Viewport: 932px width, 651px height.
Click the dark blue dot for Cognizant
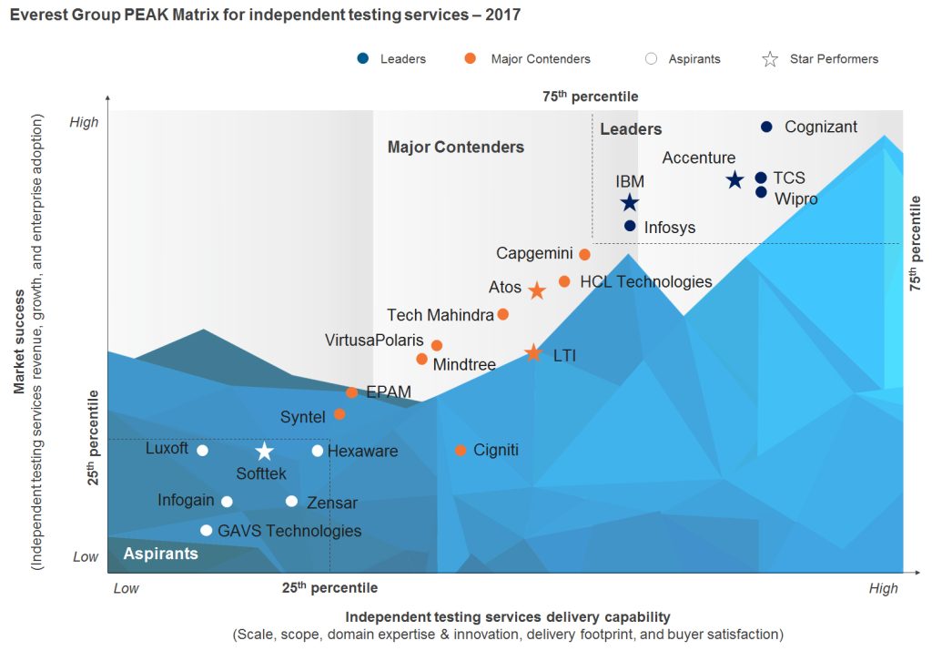coord(766,127)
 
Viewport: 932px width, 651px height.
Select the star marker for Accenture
coord(735,180)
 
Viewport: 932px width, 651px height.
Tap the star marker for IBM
coord(629,203)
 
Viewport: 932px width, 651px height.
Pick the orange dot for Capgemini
coord(584,254)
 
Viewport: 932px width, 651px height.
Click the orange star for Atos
coord(537,290)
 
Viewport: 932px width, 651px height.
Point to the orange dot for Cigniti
coord(461,451)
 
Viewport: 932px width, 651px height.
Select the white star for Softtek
coord(264,452)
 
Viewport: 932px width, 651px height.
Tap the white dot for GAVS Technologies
coord(207,531)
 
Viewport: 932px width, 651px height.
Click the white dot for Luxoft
coord(202,451)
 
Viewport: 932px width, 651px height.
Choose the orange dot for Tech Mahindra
coord(502,315)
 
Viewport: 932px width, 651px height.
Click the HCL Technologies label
coord(645,282)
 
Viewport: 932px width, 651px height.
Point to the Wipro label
coord(795,198)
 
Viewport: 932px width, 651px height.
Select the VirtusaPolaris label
coord(374,341)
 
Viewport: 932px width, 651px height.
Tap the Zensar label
coord(332,503)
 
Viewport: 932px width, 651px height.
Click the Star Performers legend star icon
coord(770,59)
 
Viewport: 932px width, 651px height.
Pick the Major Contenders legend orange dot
coord(470,59)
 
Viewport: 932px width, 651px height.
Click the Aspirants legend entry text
coord(694,59)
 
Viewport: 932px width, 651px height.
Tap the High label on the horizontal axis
coord(883,588)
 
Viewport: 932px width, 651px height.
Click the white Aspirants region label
coord(160,554)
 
